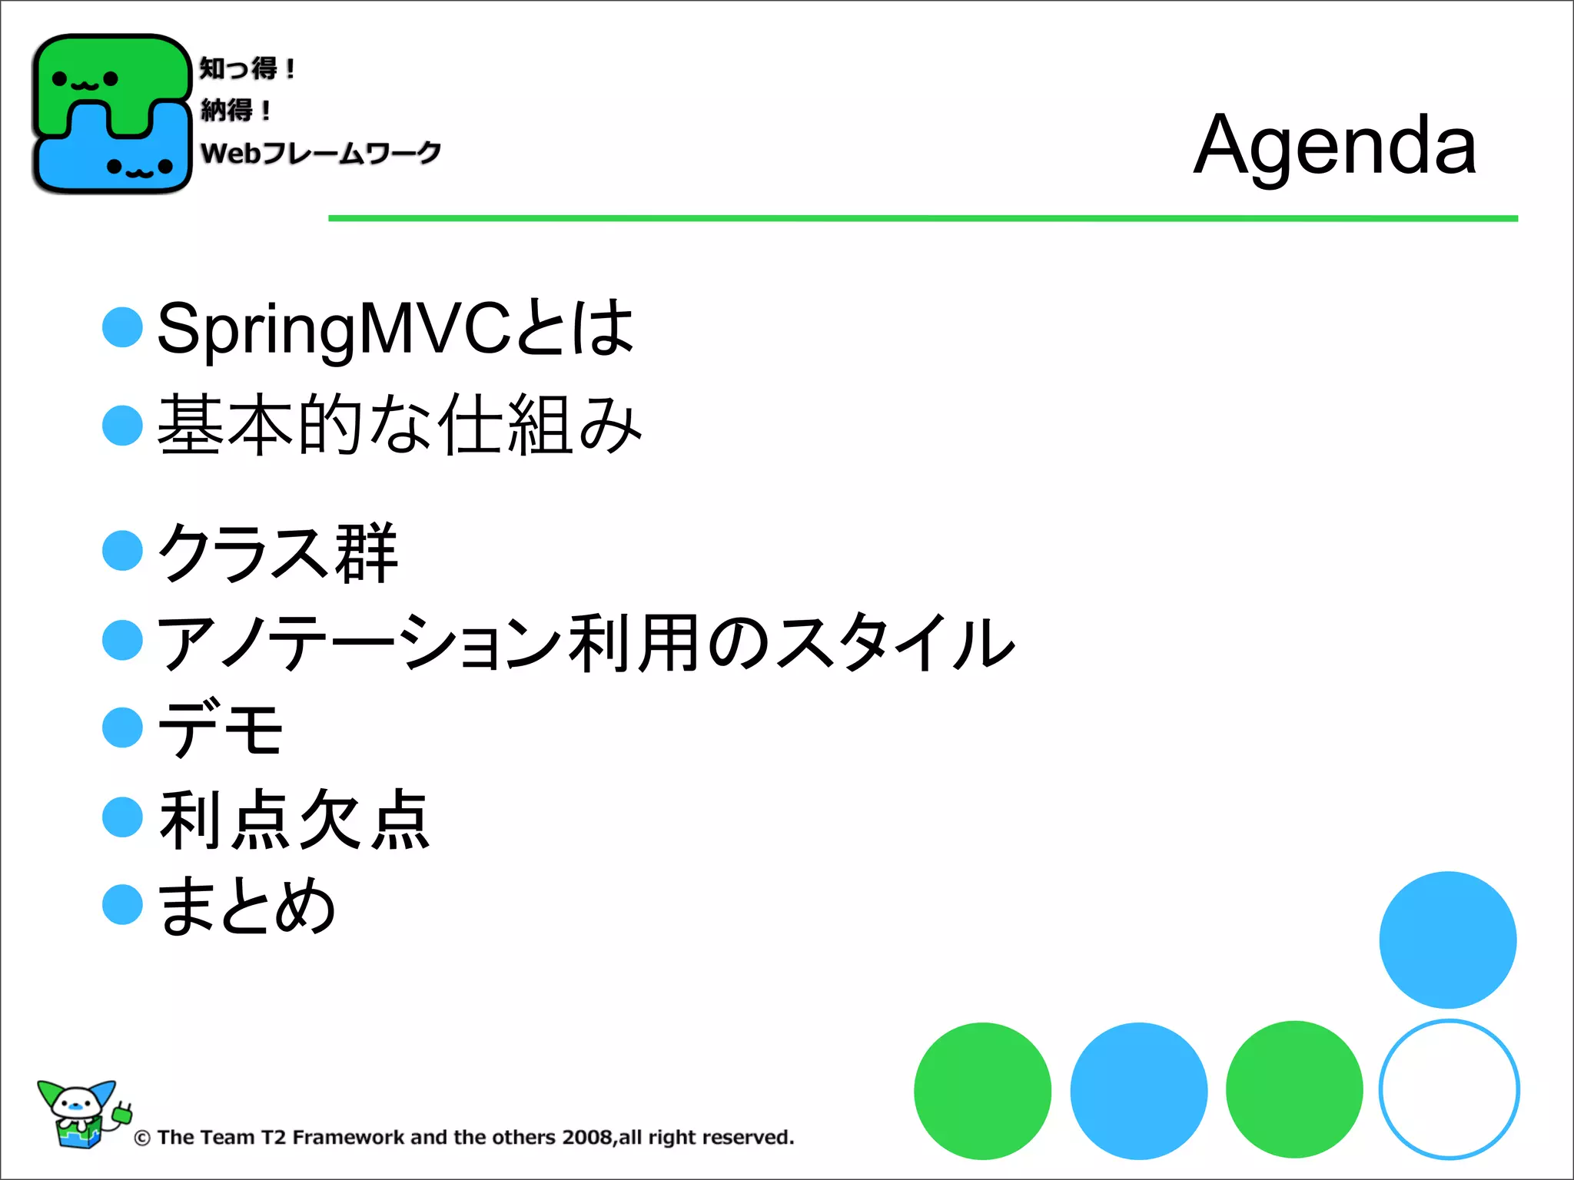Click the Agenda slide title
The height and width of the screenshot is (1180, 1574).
tap(1334, 145)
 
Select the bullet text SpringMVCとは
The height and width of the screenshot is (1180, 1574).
tap(395, 329)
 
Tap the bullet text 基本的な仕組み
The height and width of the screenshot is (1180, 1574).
tap(400, 425)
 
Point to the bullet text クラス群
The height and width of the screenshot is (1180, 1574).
tap(277, 552)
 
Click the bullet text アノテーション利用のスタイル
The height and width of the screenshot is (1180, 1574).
tap(586, 642)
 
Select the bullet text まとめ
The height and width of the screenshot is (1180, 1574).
tap(247, 906)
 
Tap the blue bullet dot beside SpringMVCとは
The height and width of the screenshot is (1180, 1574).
tap(123, 327)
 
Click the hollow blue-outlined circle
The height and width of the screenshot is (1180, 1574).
tap(1449, 1089)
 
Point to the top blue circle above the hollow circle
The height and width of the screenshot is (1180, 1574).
tap(1447, 940)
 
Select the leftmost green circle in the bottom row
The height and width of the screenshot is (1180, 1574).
tap(982, 1090)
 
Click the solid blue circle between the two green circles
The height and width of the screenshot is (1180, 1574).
tap(1138, 1090)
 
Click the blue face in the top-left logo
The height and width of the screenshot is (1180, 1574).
tap(138, 166)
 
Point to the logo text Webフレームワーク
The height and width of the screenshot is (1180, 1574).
tap(320, 153)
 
